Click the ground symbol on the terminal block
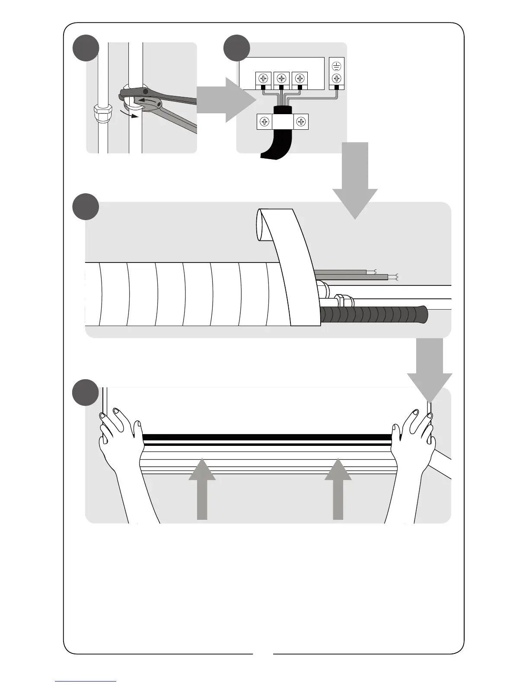[x=337, y=66]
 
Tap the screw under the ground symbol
[x=337, y=79]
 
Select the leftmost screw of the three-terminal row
[x=263, y=79]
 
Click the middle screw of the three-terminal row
[x=281, y=79]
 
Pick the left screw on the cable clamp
[x=264, y=122]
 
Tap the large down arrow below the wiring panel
[x=355, y=182]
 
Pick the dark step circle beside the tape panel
[x=86, y=206]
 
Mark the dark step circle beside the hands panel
[x=86, y=392]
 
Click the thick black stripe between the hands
[x=267, y=437]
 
